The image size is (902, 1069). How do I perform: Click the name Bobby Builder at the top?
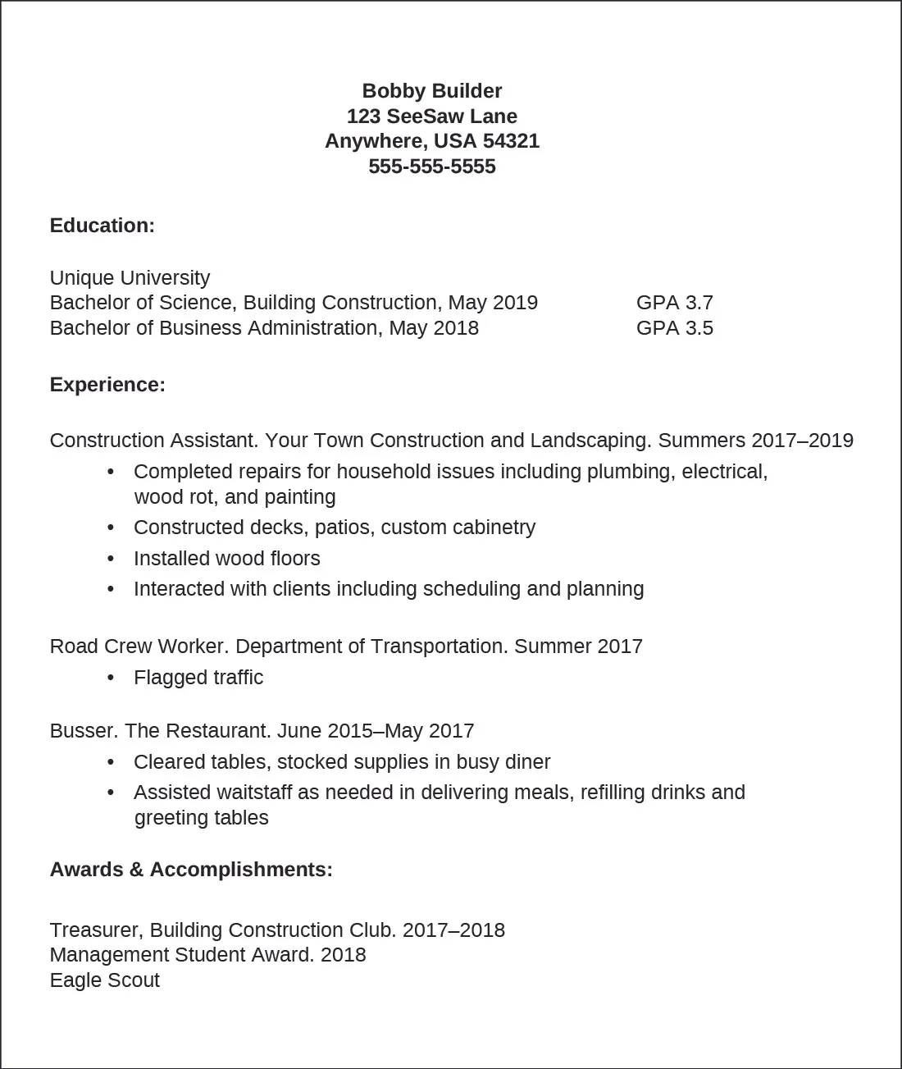pos(431,91)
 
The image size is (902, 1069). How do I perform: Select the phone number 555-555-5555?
pos(431,167)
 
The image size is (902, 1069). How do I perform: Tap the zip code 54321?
pos(511,141)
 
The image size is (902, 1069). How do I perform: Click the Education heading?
pos(102,226)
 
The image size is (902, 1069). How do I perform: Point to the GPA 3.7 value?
pos(674,303)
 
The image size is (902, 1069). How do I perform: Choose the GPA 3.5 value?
pos(674,328)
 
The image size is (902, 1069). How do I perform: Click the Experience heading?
pos(107,385)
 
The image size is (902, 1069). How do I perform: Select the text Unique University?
pos(130,278)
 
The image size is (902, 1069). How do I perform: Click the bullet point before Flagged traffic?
pos(111,678)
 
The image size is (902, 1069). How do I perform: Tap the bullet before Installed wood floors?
pos(111,560)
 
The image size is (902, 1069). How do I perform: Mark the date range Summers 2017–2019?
pos(755,441)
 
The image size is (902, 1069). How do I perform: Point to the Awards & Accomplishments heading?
pos(191,870)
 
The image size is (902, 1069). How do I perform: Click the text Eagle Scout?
pos(104,980)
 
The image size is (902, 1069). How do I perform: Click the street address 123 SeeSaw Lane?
pos(431,116)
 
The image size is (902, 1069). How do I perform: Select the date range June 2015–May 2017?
pos(376,731)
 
